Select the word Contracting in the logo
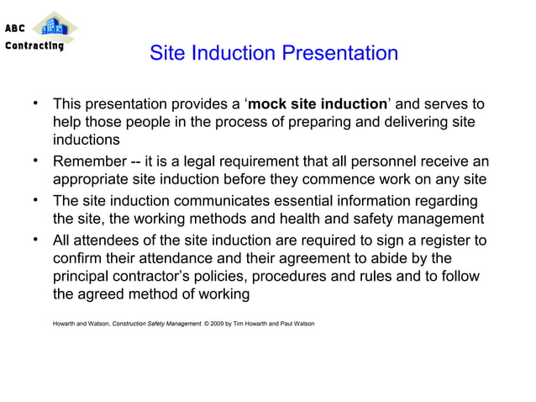click(x=34, y=45)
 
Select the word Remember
click(x=92, y=161)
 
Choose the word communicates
click(x=223, y=201)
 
